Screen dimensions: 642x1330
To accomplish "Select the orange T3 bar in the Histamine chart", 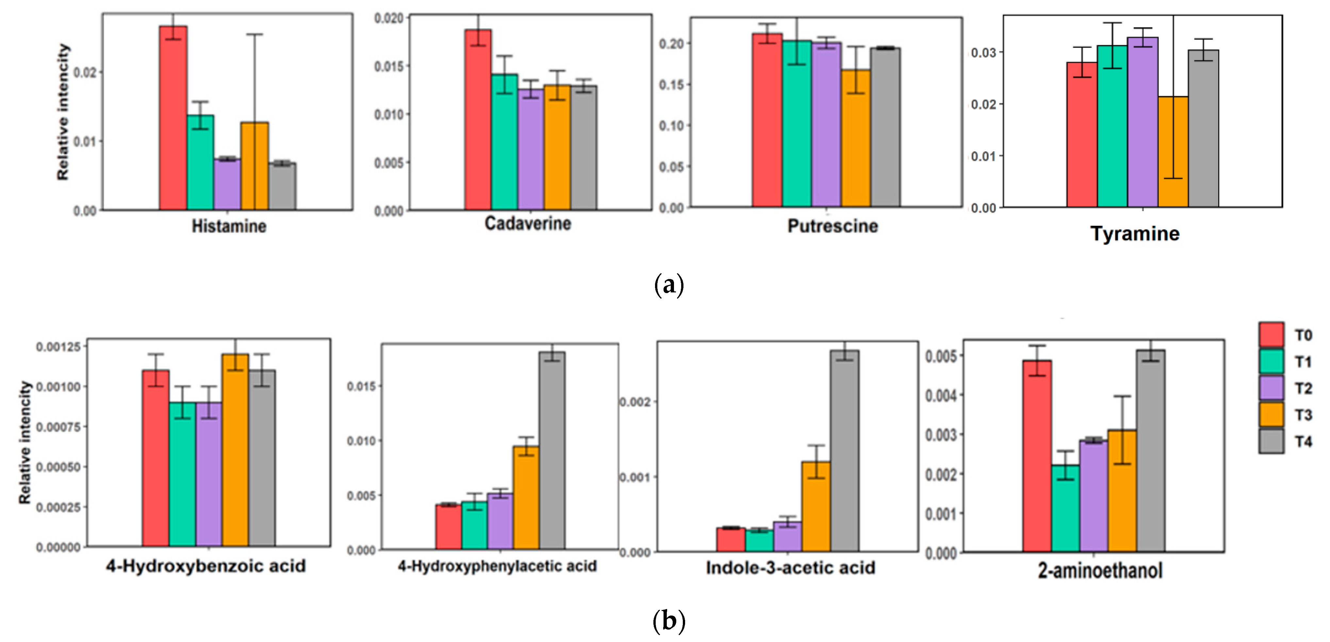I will [x=255, y=166].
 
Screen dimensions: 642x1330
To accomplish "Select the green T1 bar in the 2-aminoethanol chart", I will [x=1065, y=508].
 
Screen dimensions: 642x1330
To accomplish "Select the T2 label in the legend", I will [x=1303, y=388].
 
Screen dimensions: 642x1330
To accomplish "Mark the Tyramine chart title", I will [x=1135, y=234].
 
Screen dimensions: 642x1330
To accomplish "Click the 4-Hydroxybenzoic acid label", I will [x=206, y=566].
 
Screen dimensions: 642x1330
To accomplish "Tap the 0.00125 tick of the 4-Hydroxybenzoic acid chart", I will [x=58, y=347].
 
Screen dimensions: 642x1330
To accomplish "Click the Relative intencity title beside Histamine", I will [x=63, y=111].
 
